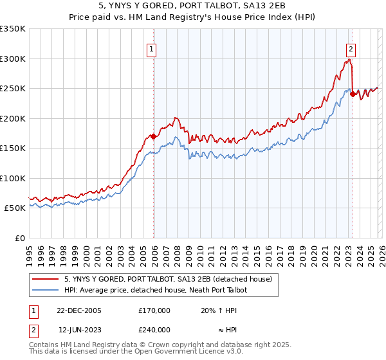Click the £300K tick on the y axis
(x=13, y=59)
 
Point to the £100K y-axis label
(x=13, y=178)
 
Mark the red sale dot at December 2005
(x=154, y=136)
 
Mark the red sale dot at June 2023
(x=353, y=94)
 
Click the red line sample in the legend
(x=46, y=279)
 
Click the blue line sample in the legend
(x=46, y=290)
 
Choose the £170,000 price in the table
(x=154, y=310)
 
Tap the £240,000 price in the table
(x=154, y=329)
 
